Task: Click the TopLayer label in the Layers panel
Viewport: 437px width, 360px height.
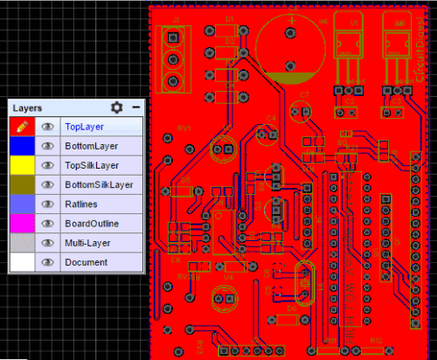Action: pyautogui.click(x=84, y=127)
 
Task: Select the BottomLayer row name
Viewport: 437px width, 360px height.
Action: pyautogui.click(x=91, y=146)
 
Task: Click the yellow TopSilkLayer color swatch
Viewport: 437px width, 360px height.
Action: pyautogui.click(x=21, y=165)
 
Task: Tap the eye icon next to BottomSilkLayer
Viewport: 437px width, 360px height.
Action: pyautogui.click(x=48, y=184)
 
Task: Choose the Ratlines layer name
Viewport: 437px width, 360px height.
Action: pyautogui.click(x=81, y=204)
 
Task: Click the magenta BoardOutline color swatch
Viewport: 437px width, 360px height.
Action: pyautogui.click(x=21, y=223)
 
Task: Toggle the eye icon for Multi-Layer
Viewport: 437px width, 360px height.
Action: pyautogui.click(x=48, y=243)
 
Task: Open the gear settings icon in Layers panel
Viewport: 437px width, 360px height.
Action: pyautogui.click(x=117, y=107)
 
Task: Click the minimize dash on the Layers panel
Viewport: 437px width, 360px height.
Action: pyautogui.click(x=135, y=107)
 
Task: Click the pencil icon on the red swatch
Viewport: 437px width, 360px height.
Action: pyautogui.click(x=21, y=127)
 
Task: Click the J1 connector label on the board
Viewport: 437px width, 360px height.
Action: pyautogui.click(x=177, y=18)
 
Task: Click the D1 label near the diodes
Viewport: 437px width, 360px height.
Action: pyautogui.click(x=230, y=18)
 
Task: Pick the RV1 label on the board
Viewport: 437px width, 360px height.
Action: pyautogui.click(x=184, y=128)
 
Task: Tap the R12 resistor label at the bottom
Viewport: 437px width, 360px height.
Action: pyautogui.click(x=377, y=339)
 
